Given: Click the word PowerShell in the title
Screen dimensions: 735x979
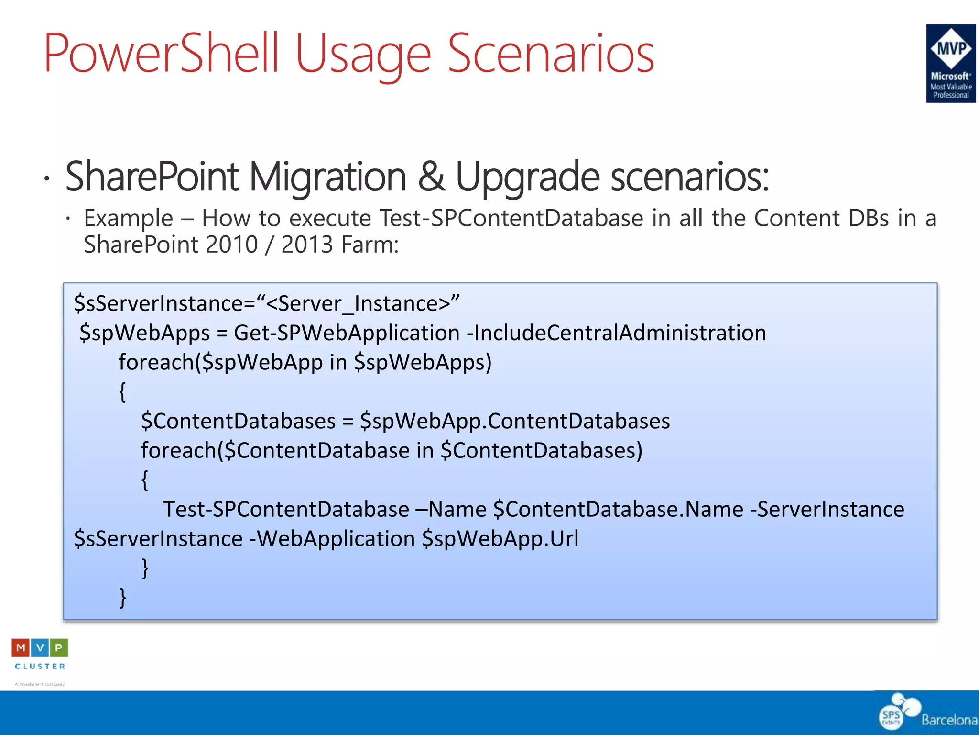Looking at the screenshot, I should (161, 54).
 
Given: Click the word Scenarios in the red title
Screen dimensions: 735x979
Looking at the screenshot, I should (550, 54).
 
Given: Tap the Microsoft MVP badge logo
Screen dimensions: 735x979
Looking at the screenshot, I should (950, 63).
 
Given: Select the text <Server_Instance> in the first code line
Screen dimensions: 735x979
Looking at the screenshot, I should (358, 304).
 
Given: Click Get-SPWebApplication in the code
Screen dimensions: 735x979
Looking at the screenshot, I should (346, 333).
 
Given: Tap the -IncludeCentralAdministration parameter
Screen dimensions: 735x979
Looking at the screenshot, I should (616, 333).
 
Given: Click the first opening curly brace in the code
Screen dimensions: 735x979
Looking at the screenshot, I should (122, 392).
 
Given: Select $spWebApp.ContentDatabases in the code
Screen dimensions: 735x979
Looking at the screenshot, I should (515, 421).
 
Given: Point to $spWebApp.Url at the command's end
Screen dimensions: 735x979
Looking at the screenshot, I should (500, 539).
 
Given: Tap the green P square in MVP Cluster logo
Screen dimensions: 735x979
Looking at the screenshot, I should (59, 648).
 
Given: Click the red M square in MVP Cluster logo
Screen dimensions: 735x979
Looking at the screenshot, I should (21, 648).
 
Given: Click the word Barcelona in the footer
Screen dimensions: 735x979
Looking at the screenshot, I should (949, 720).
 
